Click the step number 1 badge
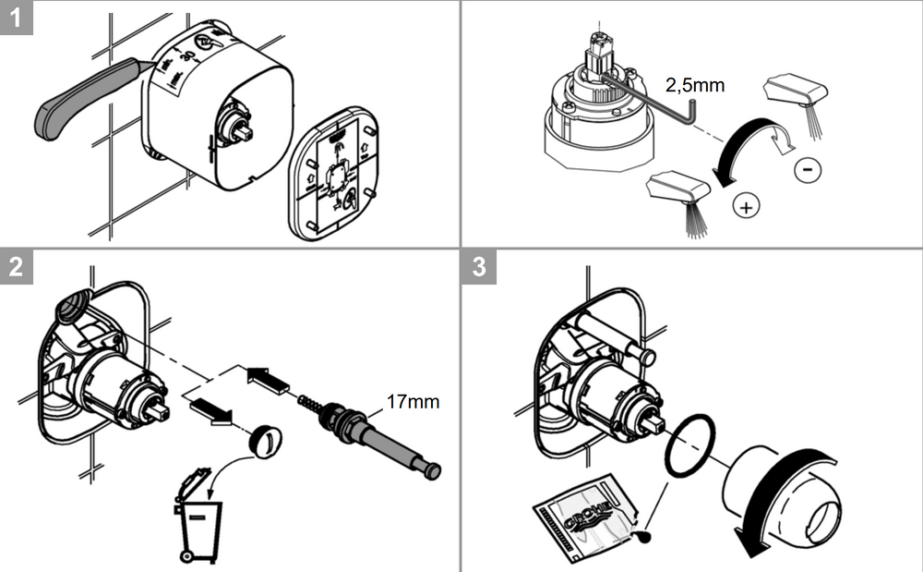click(x=17, y=18)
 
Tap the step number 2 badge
click(x=17, y=266)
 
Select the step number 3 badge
click(x=478, y=266)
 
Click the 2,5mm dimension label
click(x=695, y=86)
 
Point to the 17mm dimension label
click(x=413, y=402)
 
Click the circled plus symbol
click(x=746, y=206)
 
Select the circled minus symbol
click(x=806, y=170)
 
